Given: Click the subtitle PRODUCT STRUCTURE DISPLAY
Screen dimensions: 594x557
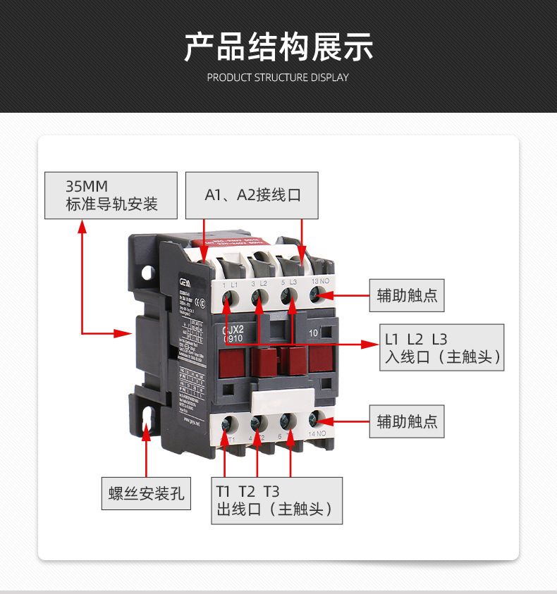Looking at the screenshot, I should tap(278, 78).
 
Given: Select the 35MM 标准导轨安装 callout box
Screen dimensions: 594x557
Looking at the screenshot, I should tap(111, 196).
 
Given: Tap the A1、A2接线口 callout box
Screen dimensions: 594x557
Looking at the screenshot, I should tap(252, 195).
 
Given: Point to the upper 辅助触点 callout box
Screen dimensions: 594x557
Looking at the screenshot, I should tap(407, 295).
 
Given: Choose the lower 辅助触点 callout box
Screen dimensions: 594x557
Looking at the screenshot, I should tap(407, 421).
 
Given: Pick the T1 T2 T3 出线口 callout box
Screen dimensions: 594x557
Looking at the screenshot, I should tap(276, 500).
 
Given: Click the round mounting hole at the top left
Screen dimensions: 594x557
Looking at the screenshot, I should tap(148, 271).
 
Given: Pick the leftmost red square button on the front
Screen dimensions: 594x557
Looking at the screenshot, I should tap(231, 361).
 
